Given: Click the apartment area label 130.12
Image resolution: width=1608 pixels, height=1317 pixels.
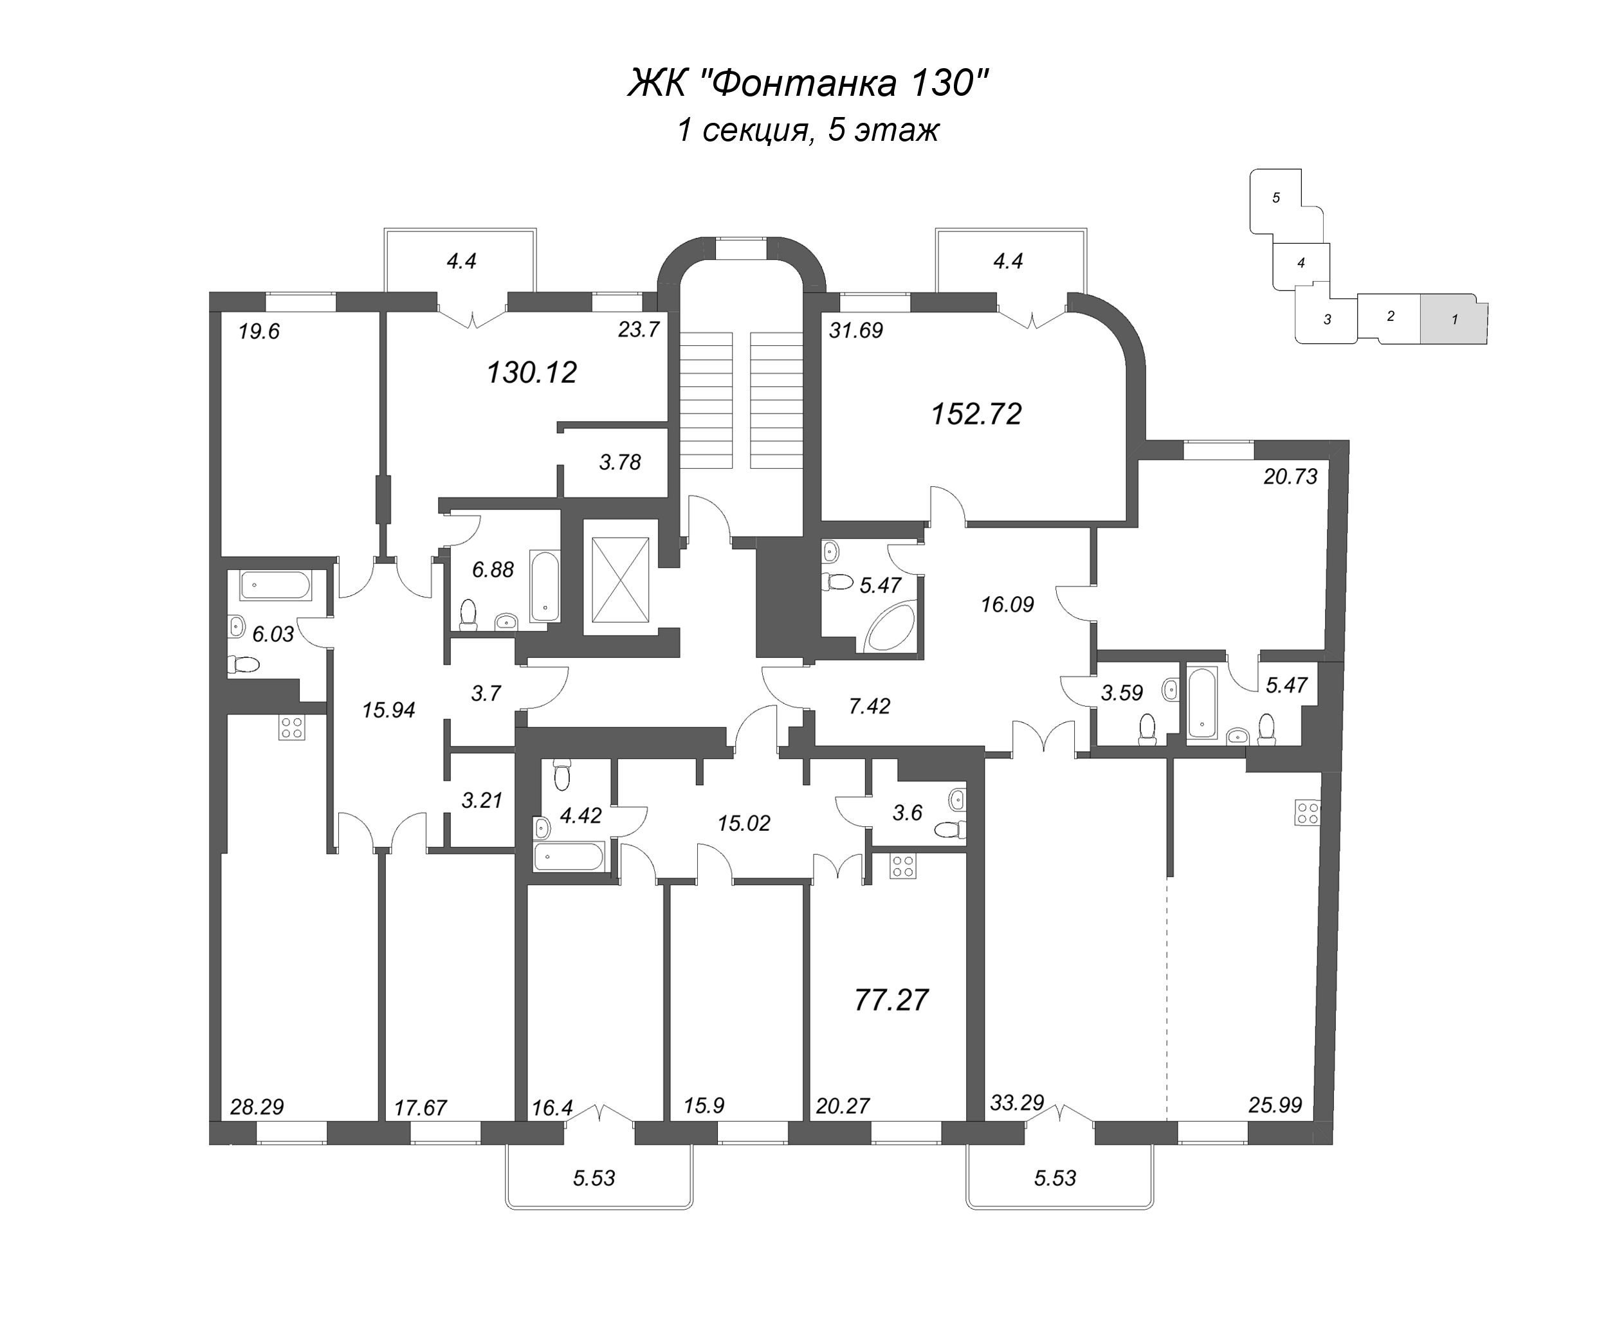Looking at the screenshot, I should coord(531,372).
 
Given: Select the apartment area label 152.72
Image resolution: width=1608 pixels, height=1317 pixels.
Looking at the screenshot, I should coord(976,414).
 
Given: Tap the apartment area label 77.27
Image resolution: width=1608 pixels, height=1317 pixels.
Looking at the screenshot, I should coord(891,1000).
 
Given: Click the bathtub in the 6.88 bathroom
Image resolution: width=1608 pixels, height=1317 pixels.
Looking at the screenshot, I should coord(544,586).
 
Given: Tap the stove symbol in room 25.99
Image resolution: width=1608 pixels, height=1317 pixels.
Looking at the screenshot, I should coord(1308,812).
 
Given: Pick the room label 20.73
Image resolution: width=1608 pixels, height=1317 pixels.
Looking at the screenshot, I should coord(1290,477).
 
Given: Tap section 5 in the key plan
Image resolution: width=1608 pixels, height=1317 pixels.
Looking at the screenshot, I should coord(1275,198).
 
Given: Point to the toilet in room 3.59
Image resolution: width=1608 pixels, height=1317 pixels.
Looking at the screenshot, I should coord(1146,730).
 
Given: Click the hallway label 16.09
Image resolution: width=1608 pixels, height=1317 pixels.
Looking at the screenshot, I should coord(1007,604).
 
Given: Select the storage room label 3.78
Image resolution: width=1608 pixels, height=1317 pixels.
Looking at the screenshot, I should coord(620,462).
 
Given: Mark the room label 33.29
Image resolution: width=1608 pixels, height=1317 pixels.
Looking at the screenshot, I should coord(1017,1102).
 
